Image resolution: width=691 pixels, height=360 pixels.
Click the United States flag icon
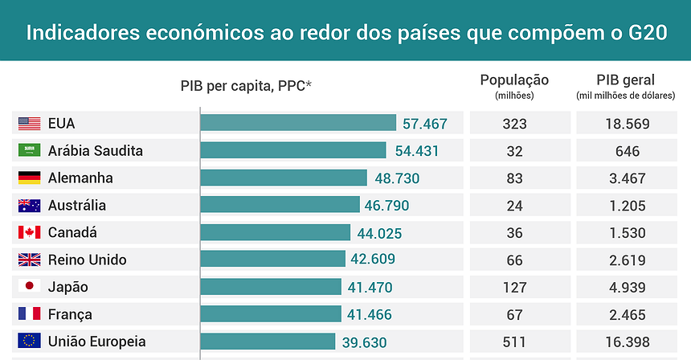point(29,124)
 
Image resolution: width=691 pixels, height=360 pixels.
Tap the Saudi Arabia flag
point(29,151)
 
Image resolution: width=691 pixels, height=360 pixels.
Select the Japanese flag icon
point(29,287)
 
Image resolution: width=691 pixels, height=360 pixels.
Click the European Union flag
point(29,342)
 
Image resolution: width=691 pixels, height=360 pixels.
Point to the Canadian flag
point(29,233)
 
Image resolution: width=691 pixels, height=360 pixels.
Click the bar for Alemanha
point(283,178)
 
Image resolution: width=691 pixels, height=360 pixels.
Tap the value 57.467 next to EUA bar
point(424,125)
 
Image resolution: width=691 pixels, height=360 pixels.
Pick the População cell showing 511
point(515,342)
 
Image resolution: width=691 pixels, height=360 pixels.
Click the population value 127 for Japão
point(515,287)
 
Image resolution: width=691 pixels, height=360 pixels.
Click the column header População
point(514,80)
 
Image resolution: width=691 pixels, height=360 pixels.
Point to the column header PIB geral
point(625,80)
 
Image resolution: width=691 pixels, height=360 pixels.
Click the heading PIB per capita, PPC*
point(246,85)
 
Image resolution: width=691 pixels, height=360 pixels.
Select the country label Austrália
point(76,206)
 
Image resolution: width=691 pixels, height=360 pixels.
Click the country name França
point(70,314)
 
